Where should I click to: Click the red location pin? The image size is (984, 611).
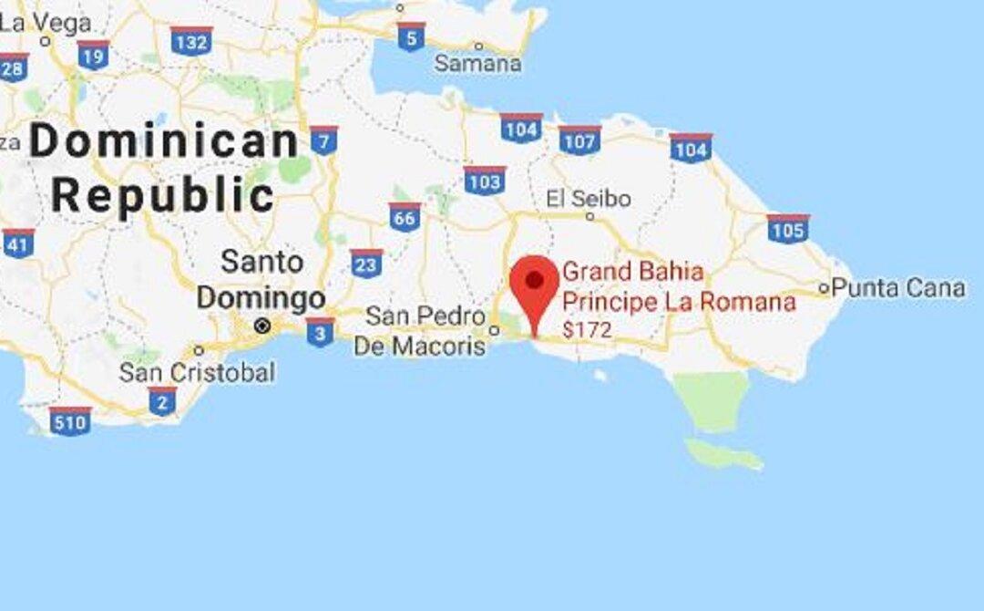point(534,285)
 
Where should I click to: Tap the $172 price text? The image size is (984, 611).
point(587,331)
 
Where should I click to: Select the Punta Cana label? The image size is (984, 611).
point(898,289)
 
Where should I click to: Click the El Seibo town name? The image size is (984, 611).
point(589,199)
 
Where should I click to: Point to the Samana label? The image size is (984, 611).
point(477,64)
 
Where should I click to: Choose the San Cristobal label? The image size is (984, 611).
point(197,373)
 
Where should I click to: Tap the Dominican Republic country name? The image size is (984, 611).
point(164,169)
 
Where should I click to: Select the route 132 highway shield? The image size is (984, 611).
point(191,41)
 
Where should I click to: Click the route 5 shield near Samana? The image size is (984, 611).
point(411,36)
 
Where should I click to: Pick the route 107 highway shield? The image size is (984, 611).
point(579,140)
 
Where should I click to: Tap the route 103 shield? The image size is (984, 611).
point(484,181)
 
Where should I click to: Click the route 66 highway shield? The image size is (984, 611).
point(405,217)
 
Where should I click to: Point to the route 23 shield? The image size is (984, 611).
point(366,263)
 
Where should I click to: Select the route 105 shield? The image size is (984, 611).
point(787,229)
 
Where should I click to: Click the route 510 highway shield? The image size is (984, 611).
point(70,421)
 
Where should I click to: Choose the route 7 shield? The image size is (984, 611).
point(323,140)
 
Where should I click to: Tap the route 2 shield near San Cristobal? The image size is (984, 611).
point(162,400)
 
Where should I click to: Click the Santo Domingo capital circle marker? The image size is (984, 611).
point(262,326)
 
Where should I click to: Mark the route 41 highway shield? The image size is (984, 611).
point(18,243)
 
